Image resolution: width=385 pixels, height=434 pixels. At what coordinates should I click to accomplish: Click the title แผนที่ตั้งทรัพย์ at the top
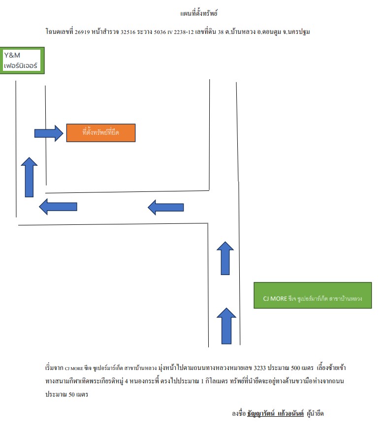199,13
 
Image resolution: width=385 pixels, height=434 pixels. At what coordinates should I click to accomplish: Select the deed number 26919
82,32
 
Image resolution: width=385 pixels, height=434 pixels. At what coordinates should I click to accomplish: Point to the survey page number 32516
128,32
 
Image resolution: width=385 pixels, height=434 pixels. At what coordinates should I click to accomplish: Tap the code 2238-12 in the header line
184,32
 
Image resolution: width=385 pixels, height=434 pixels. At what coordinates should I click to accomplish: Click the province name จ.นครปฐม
296,32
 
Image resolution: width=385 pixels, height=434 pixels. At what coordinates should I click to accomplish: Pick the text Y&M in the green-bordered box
12,55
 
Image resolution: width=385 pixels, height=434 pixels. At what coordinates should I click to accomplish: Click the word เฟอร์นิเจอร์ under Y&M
21,65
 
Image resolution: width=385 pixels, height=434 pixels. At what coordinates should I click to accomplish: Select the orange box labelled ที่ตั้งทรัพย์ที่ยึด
101,133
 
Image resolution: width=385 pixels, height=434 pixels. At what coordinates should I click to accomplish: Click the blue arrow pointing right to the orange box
49,133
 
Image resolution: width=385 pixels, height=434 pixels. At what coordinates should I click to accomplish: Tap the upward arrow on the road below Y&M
29,177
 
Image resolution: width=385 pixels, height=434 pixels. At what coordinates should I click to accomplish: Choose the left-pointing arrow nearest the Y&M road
58,207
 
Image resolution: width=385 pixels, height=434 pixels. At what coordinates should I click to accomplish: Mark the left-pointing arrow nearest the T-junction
165,207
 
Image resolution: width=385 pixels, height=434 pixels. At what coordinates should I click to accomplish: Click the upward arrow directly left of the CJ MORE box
226,326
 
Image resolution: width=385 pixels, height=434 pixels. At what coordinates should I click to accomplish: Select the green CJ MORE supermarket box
313,295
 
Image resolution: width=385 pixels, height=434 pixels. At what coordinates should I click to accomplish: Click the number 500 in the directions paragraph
295,368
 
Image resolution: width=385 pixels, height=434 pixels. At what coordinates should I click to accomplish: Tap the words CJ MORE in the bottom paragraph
74,369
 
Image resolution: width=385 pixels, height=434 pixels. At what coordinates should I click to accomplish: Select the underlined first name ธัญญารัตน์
261,413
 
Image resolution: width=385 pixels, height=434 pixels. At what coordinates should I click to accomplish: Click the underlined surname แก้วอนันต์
290,413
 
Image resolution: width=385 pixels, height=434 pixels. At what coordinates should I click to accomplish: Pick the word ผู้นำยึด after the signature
315,413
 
